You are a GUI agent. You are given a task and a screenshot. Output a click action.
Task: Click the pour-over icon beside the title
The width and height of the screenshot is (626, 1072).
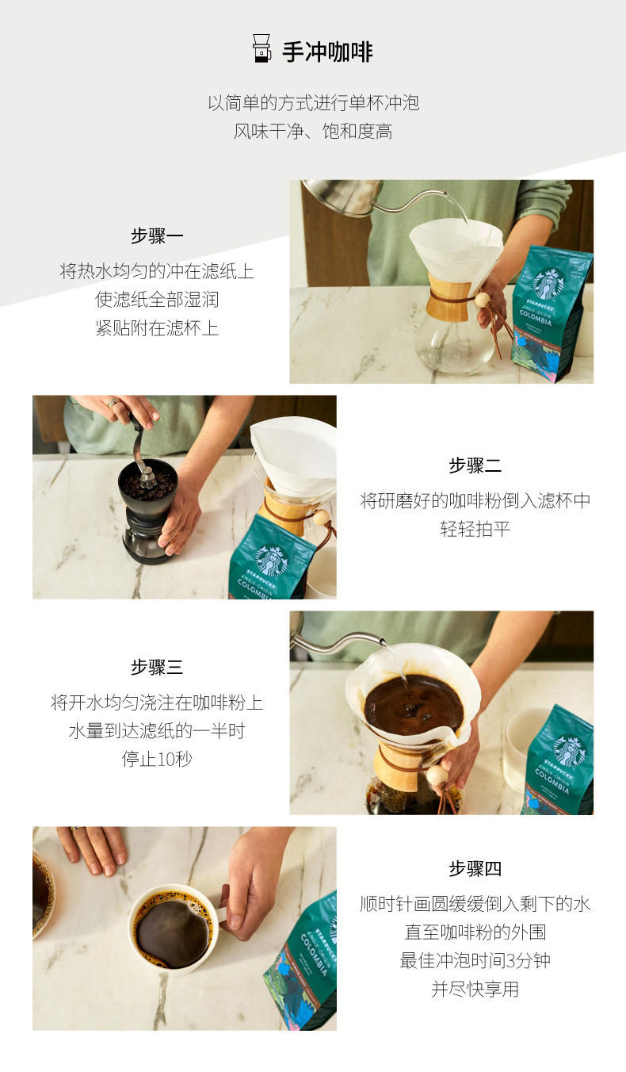point(261,48)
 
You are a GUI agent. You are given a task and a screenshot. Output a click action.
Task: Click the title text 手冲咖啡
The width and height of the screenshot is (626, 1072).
point(327,52)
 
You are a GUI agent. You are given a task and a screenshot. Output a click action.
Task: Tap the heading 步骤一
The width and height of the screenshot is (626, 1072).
point(157,236)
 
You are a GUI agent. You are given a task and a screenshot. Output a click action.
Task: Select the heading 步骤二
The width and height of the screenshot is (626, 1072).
point(475,465)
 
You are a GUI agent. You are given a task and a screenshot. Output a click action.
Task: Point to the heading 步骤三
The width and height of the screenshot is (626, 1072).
point(157,667)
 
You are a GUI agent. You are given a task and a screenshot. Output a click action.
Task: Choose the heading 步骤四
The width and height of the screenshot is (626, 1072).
point(475,868)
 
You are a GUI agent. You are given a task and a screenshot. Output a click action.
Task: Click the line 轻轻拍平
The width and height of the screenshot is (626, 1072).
point(475,529)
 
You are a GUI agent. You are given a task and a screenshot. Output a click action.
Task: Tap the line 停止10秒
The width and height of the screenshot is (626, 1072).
point(157,759)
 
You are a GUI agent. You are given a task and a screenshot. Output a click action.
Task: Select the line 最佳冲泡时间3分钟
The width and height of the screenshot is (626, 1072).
point(475,960)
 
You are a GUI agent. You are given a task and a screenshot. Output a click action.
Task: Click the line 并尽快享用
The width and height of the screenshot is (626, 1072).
point(475,989)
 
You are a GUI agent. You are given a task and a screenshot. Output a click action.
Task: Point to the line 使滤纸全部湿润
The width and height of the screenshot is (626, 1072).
point(157,300)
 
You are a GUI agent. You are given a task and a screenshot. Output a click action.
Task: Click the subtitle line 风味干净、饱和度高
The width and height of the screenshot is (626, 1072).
point(313,131)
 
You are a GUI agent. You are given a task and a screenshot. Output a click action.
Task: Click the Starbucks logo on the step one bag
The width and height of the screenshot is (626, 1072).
point(548,283)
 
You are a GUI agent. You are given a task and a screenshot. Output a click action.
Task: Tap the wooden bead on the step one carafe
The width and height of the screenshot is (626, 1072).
point(482,300)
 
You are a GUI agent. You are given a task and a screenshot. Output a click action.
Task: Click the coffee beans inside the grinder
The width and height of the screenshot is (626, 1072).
point(147,484)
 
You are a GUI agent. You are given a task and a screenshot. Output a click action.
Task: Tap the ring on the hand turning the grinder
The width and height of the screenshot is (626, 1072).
point(113,403)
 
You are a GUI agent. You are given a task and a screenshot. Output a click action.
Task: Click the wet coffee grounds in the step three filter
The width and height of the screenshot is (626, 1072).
point(414,704)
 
